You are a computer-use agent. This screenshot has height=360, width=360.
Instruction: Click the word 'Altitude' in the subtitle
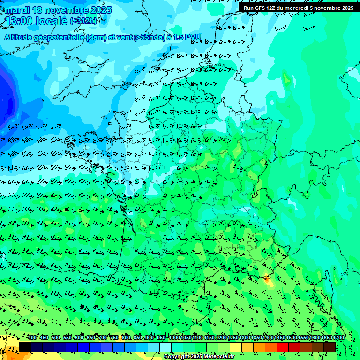[x=22, y=37]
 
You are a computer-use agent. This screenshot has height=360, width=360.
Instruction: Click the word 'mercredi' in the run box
[x=299, y=8]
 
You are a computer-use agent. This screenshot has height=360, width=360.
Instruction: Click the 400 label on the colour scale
[x=32, y=338]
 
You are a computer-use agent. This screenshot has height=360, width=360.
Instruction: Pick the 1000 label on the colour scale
[x=175, y=338]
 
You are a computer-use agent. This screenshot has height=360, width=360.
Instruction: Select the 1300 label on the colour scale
[x=245, y=338]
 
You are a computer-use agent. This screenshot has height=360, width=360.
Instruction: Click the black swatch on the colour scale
[x=25, y=347]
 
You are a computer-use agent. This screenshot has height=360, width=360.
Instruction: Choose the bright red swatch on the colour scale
[x=283, y=347]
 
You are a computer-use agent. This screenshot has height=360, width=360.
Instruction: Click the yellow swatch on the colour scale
[x=236, y=347]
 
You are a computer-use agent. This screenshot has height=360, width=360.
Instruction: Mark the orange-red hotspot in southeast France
[x=268, y=280]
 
